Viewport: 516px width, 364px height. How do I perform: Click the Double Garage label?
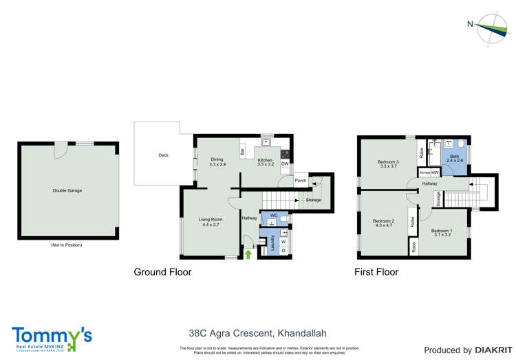pyautogui.click(x=67, y=190)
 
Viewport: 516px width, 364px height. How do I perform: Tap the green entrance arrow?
pyautogui.click(x=248, y=255)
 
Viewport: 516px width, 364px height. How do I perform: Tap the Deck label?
pyautogui.click(x=163, y=155)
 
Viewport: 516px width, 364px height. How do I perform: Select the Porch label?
pyautogui.click(x=300, y=181)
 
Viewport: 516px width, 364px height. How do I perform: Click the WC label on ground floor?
pyautogui.click(x=273, y=215)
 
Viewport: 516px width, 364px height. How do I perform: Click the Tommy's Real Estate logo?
pyautogui.click(x=52, y=338)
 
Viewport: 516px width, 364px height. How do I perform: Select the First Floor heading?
pyautogui.click(x=376, y=272)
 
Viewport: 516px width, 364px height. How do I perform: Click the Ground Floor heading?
pyautogui.click(x=162, y=272)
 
